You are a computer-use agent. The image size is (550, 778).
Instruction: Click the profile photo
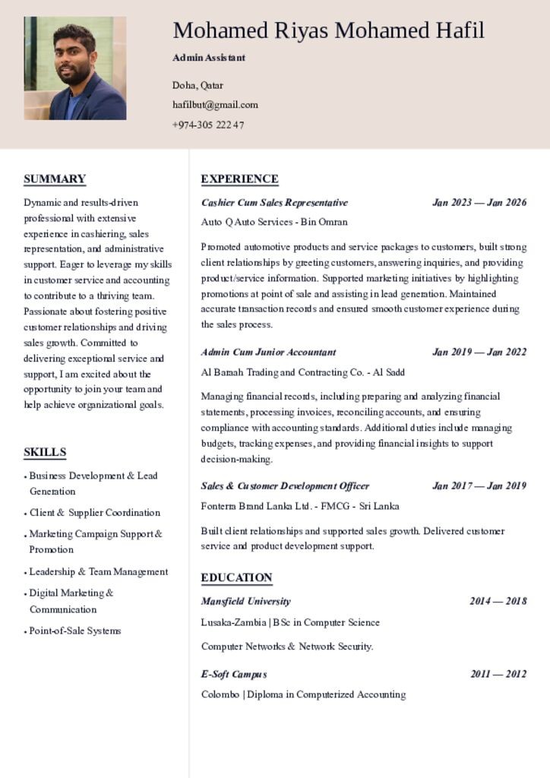pyautogui.click(x=74, y=68)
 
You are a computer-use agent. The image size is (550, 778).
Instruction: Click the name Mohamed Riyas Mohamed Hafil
pyautogui.click(x=328, y=30)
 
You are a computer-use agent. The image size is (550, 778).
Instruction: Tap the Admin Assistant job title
pyautogui.click(x=209, y=58)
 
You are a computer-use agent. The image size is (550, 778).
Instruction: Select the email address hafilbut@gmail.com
pyautogui.click(x=215, y=105)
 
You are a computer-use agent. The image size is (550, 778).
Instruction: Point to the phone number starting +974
pyautogui.click(x=208, y=125)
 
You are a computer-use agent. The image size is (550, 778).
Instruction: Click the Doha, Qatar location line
pyautogui.click(x=198, y=85)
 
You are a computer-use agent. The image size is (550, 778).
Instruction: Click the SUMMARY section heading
pyautogui.click(x=55, y=179)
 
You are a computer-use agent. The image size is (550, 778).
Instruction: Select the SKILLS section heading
pyautogui.click(x=45, y=452)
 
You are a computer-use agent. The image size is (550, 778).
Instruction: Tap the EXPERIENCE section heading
pyautogui.click(x=239, y=179)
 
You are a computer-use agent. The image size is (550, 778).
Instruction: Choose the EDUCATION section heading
pyautogui.click(x=236, y=577)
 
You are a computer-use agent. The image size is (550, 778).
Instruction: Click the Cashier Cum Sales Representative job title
pyautogui.click(x=274, y=203)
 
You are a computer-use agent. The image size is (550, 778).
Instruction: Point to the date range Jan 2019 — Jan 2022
pyautogui.click(x=479, y=352)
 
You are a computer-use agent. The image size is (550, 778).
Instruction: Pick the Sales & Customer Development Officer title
pyautogui.click(x=285, y=485)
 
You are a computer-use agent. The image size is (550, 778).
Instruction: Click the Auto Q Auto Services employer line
pyautogui.click(x=274, y=222)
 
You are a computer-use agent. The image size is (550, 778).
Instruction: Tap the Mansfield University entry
pyautogui.click(x=245, y=601)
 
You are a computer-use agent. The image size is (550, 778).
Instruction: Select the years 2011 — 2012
pyautogui.click(x=498, y=674)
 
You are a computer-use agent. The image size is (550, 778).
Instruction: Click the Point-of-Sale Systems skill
pyautogui.click(x=74, y=631)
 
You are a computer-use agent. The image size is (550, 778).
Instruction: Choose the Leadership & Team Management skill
pyautogui.click(x=98, y=571)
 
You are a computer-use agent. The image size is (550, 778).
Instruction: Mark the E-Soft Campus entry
pyautogui.click(x=234, y=674)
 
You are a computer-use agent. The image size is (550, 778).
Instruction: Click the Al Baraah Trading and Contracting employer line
pyautogui.click(x=302, y=372)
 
